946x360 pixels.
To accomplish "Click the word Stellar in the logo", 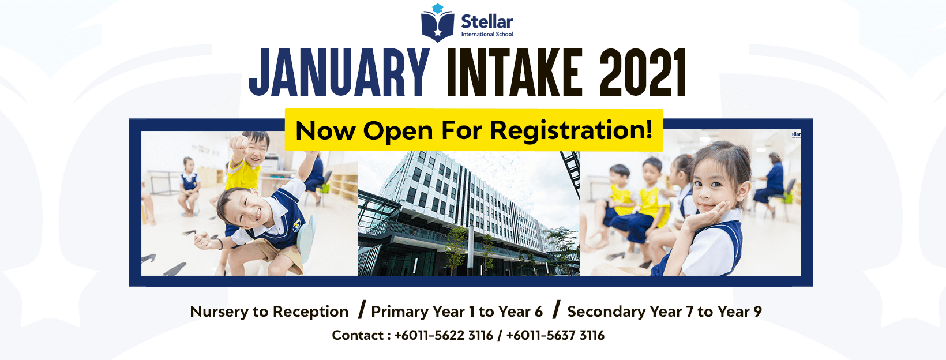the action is point(487,21).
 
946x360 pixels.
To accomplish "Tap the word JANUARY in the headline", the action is point(339,73).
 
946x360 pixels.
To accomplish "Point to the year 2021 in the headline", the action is point(643,73).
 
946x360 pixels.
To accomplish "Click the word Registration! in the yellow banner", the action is point(572,131).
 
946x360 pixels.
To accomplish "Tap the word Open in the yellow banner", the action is point(398,132).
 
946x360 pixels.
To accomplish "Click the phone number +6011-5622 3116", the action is point(444,336).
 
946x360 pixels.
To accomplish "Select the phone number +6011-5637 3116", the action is point(555,336).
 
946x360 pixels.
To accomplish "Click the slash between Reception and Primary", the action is point(362,310).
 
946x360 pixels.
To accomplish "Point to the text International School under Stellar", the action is point(487,34).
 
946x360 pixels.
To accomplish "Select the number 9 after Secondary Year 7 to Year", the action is point(757,312).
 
